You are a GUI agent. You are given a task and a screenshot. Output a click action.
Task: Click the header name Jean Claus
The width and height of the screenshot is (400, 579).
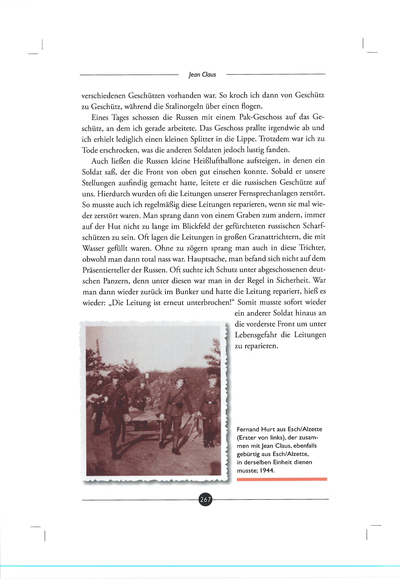point(202,75)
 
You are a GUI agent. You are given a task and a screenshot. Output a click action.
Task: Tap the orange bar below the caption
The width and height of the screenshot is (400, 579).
point(282,479)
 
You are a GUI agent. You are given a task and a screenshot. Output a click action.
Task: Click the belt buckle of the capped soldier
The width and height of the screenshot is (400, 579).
point(210,402)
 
